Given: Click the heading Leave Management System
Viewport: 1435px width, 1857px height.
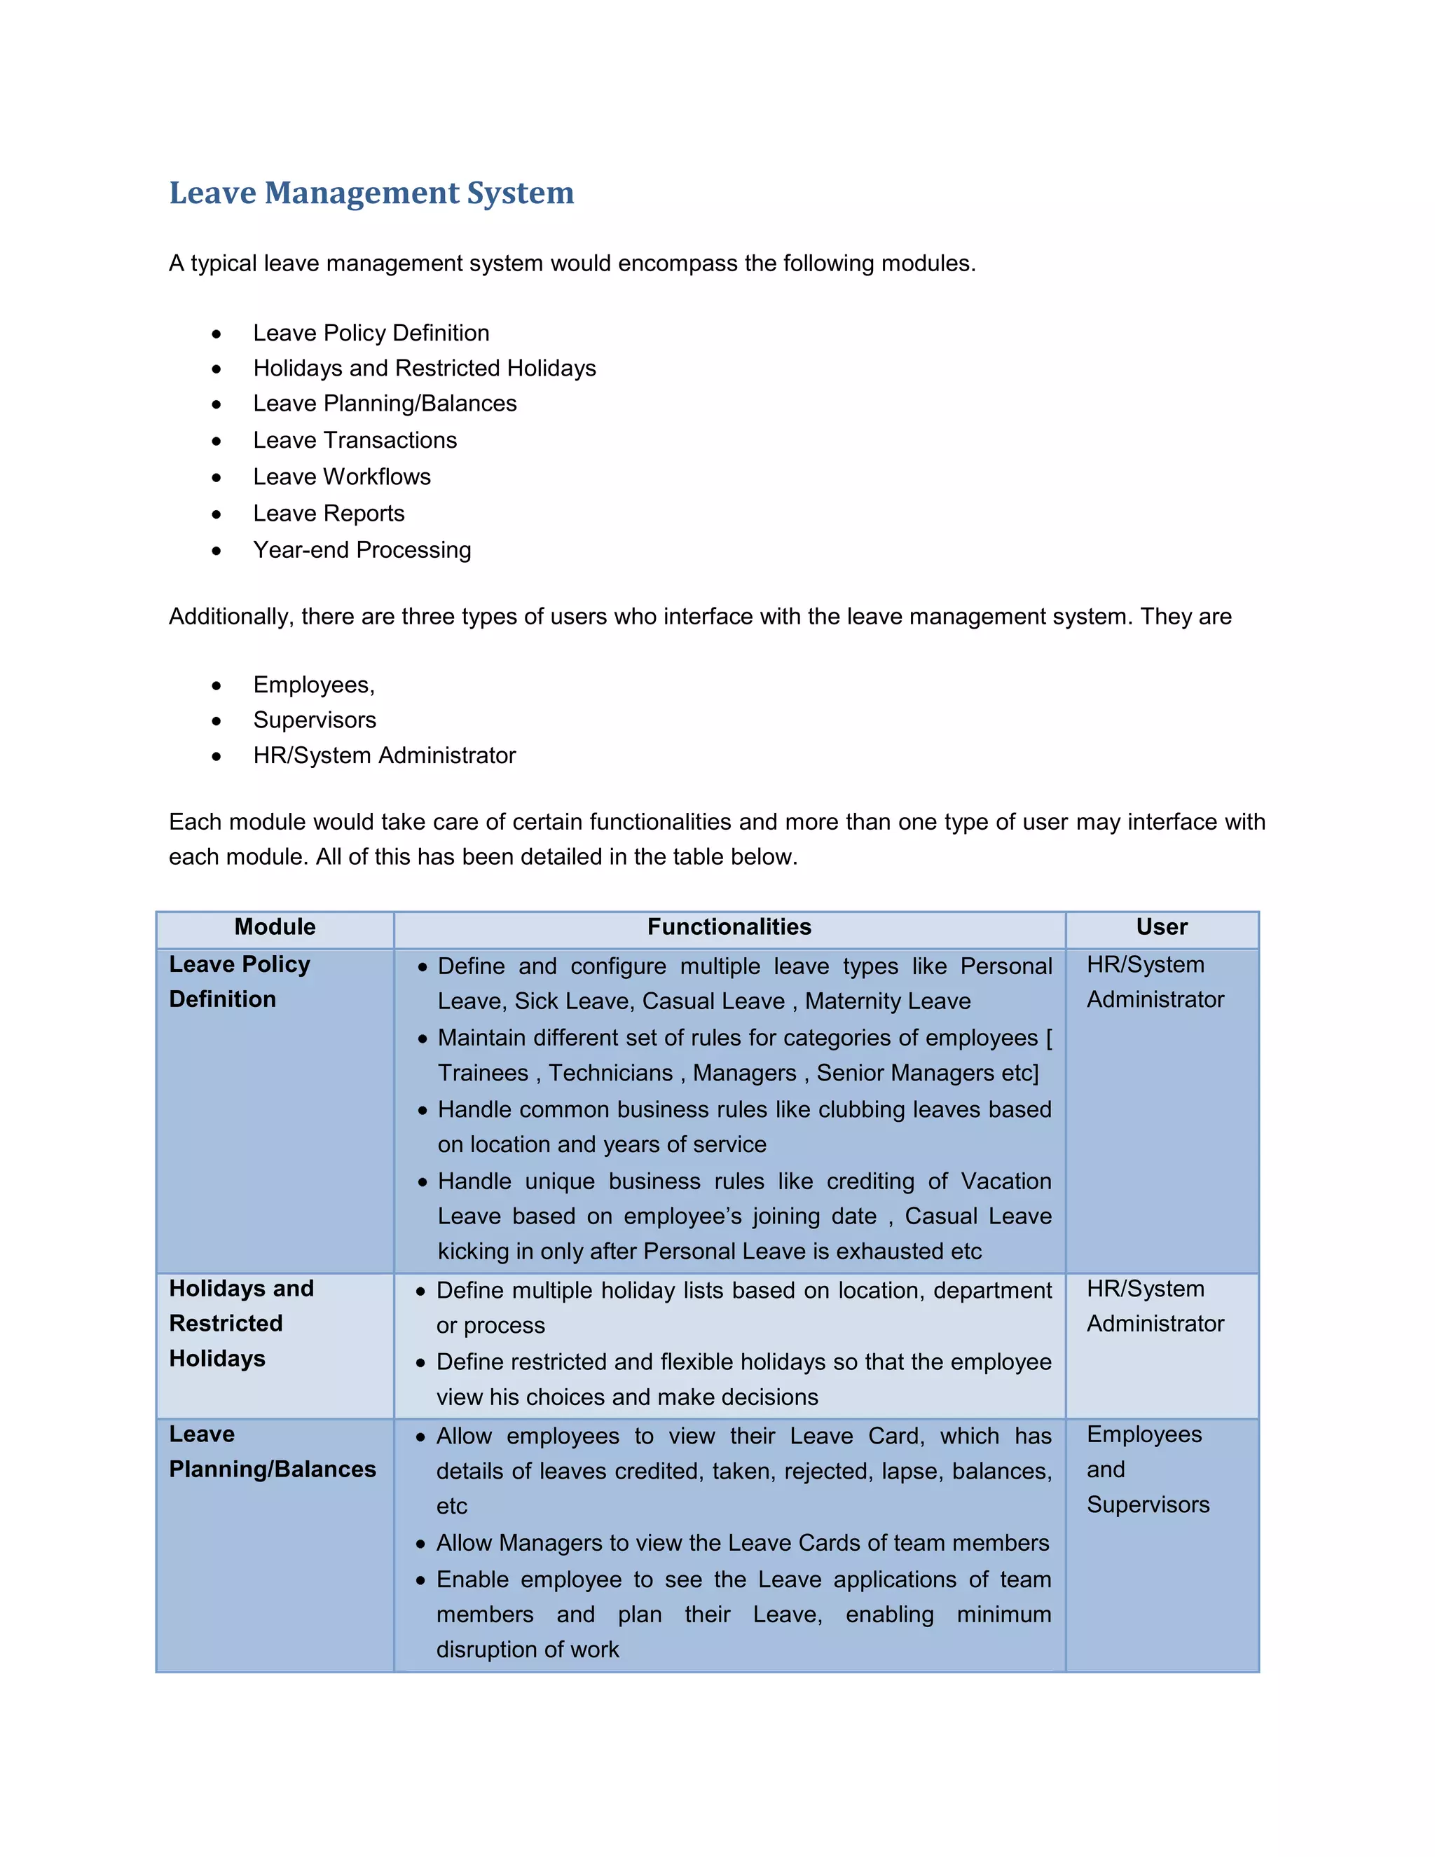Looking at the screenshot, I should pos(371,193).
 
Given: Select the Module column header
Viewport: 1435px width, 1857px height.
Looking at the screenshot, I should pos(275,927).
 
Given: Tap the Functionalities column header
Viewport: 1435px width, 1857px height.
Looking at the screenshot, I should pos(729,927).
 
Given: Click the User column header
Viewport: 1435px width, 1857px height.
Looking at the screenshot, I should pos(1161,927).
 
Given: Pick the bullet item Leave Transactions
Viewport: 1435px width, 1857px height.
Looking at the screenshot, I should pos(355,441).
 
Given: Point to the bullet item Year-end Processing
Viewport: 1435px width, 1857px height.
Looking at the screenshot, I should pos(362,550).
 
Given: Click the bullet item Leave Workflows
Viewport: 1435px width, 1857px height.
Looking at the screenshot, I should pos(342,477).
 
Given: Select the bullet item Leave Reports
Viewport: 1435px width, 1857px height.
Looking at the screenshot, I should pos(328,514).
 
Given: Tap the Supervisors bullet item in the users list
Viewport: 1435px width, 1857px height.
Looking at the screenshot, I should pos(315,720).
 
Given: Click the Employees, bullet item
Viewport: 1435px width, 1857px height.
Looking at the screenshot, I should pos(314,685).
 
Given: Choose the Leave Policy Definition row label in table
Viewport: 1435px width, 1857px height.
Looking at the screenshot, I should pos(239,982).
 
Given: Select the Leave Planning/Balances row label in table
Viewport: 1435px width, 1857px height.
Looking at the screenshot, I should pos(272,1452).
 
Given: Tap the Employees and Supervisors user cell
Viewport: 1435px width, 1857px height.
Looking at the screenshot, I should pos(1147,1469).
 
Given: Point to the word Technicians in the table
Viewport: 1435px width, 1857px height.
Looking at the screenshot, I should pos(610,1073).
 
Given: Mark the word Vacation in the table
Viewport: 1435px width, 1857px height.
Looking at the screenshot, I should pos(1005,1182).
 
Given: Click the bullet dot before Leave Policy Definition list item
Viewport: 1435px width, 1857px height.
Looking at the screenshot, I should pos(217,334).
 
